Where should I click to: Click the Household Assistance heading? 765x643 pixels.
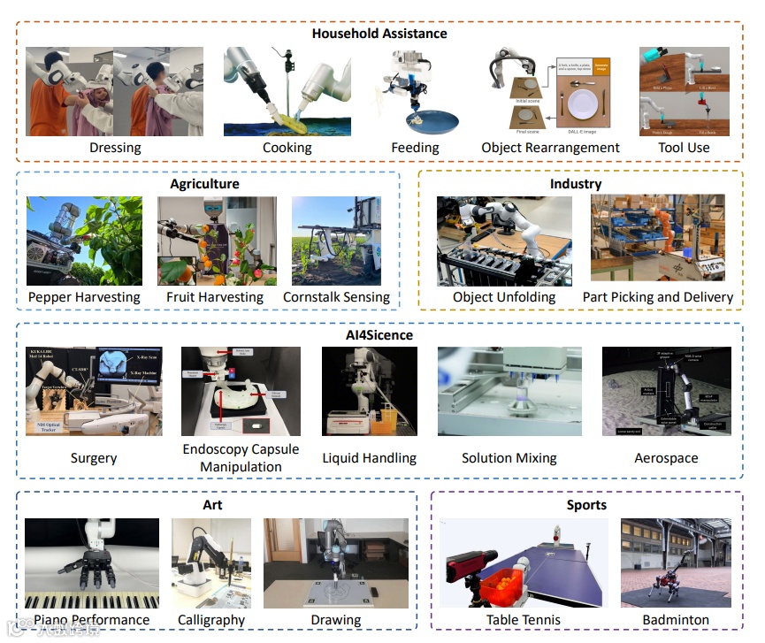coord(379,34)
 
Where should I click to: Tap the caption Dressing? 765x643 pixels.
coord(115,148)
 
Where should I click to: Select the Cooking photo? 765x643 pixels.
coord(274,91)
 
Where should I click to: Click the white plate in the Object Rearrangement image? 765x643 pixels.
coord(586,102)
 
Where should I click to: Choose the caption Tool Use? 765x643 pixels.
coord(684,148)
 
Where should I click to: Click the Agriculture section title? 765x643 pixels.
coord(204,184)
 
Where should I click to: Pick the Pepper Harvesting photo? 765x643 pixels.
coord(83,241)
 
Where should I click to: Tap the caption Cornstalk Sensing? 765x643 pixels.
coord(336,297)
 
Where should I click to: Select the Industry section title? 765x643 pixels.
coord(575,184)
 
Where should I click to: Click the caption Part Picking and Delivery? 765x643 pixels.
coord(657,297)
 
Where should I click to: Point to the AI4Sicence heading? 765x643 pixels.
coord(379,336)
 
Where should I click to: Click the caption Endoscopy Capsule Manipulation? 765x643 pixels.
coord(241,457)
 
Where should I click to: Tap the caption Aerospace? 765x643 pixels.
coord(666,458)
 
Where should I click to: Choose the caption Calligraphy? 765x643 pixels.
coord(211,620)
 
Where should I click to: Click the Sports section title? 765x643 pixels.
coord(586,505)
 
